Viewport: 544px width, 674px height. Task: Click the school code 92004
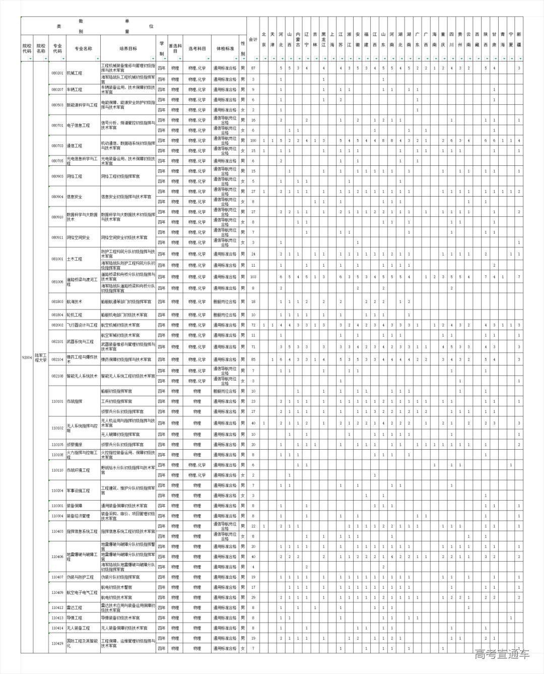tap(27, 357)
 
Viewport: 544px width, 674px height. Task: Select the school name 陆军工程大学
tap(41, 357)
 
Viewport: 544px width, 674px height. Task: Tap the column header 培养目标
tap(128, 48)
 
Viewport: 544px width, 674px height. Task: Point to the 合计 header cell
tap(253, 39)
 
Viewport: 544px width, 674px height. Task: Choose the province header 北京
tap(264, 39)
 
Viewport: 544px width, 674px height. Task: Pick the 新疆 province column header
tap(519, 39)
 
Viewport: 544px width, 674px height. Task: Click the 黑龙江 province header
tap(324, 39)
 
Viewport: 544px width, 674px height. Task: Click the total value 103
tap(253, 277)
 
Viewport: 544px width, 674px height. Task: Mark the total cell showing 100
tap(253, 140)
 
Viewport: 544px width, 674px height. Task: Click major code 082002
tap(57, 325)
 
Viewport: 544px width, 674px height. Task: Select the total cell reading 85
tap(253, 359)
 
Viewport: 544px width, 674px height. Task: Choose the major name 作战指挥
tap(74, 401)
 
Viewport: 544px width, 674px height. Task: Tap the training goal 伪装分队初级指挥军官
tap(120, 577)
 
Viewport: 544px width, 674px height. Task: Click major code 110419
tap(57, 643)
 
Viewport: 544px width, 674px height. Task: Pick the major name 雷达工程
tap(74, 607)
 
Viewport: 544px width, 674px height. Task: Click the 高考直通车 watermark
tap(502, 654)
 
